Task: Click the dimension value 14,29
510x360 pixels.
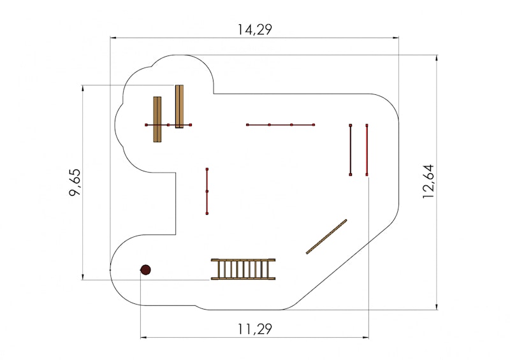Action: tap(254, 29)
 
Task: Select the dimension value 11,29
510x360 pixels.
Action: tap(254, 329)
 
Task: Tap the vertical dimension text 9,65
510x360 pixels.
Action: tap(75, 182)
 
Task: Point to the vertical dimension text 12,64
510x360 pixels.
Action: tap(428, 182)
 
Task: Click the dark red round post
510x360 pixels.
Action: tap(145, 270)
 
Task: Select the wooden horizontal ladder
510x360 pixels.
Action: tap(243, 270)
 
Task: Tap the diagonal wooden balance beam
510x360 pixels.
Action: tap(326, 237)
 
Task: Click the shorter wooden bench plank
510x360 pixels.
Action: tap(157, 119)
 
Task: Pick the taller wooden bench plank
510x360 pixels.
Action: tap(179, 106)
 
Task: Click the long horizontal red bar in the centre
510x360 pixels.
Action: tap(280, 124)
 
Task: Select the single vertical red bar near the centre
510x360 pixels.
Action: tap(207, 191)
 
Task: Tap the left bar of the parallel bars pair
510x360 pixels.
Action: tap(350, 150)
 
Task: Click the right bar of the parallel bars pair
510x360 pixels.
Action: tap(367, 150)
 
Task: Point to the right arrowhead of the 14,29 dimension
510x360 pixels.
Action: tap(395, 38)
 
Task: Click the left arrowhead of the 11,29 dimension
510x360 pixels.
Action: tap(144, 338)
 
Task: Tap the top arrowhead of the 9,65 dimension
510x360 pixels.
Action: tap(84, 89)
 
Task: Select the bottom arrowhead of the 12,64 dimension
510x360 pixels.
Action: tap(437, 306)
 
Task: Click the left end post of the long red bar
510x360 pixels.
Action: tap(247, 124)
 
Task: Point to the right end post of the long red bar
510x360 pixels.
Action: tap(314, 124)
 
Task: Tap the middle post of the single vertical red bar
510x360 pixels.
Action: tap(207, 191)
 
